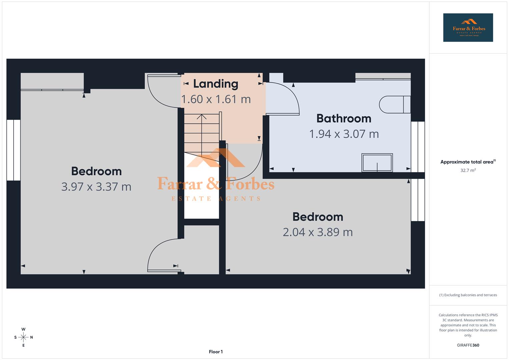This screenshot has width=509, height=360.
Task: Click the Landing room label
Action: tap(216, 84)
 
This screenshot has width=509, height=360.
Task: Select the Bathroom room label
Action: tap(344, 118)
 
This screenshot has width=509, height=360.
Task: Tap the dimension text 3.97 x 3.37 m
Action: tap(96, 187)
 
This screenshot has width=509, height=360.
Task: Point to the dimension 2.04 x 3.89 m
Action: tap(318, 232)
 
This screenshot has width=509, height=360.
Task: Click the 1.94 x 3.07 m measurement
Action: tap(344, 134)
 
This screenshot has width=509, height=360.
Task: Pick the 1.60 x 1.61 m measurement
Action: tap(216, 99)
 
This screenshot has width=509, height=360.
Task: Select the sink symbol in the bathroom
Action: tap(377, 163)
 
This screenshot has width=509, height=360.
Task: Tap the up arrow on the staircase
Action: tap(201, 117)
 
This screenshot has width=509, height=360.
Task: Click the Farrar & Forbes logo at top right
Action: tap(468, 28)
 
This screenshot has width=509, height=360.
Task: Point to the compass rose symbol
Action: tap(23, 337)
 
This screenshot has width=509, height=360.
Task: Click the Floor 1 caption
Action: tap(216, 352)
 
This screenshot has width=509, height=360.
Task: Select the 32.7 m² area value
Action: tap(468, 170)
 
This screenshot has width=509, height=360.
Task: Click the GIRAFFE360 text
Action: tap(468, 345)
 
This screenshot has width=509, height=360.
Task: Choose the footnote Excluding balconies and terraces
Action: tap(468, 295)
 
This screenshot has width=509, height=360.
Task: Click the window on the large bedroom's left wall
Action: tap(14, 150)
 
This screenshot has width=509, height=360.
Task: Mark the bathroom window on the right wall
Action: tap(418, 147)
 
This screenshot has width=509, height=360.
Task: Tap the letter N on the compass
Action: tap(32, 337)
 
